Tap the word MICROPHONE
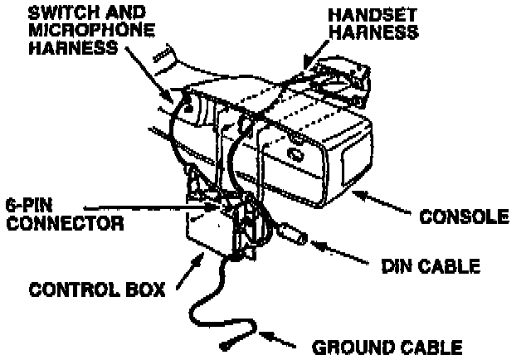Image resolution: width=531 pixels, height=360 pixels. [x=80, y=31]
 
